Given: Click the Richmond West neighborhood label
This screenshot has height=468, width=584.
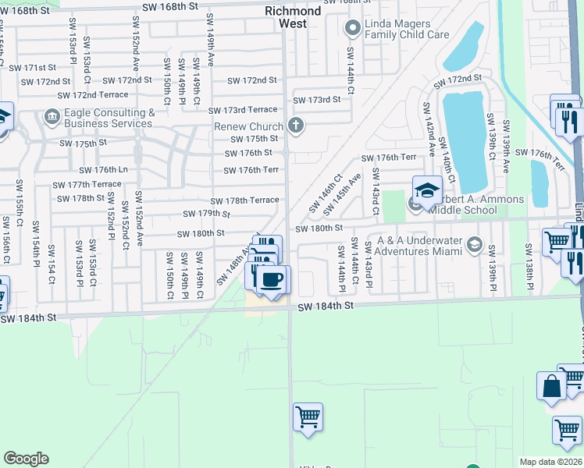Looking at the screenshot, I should pyautogui.click(x=293, y=17).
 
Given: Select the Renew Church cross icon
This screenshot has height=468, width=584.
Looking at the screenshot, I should pyautogui.click(x=295, y=125).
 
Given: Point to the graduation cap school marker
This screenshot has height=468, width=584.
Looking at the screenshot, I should pyautogui.click(x=427, y=191).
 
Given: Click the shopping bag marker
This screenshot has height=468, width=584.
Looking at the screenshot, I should pyautogui.click(x=551, y=387).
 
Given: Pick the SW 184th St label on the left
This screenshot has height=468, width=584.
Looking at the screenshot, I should pyautogui.click(x=29, y=318).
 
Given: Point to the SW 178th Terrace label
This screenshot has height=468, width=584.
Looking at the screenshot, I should pyautogui.click(x=244, y=200).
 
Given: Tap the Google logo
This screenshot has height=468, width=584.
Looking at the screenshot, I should pyautogui.click(x=26, y=459).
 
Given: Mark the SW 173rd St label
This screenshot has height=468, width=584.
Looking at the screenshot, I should pyautogui.click(x=317, y=100).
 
